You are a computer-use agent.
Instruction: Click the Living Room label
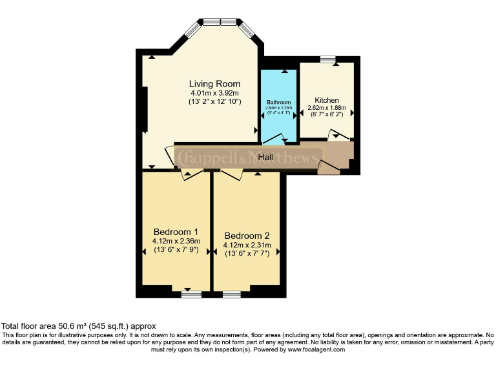214,84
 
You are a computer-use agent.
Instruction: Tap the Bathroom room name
279,103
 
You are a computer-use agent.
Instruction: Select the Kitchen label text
327,100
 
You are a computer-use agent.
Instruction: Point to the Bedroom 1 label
176,232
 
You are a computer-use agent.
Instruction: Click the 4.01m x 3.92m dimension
214,93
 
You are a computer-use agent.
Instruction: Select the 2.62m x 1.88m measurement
327,108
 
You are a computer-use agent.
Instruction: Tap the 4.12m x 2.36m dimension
176,241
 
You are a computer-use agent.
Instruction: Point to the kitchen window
328,59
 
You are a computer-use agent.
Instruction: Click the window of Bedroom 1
192,294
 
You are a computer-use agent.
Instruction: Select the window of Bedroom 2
232,294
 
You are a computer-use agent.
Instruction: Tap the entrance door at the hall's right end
329,169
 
